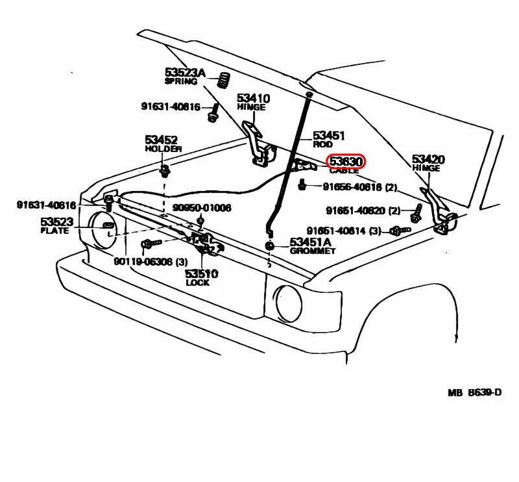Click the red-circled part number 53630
point(347,161)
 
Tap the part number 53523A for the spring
point(184,73)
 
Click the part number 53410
point(253,98)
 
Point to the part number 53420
point(428,159)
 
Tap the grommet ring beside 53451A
point(269,246)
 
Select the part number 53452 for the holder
point(161,140)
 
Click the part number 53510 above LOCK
point(201,273)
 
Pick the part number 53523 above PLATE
point(58,222)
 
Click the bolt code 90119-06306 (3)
point(151,261)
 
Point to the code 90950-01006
point(202,208)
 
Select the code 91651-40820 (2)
point(365,210)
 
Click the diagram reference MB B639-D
point(474,392)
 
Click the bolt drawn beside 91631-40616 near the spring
point(212,116)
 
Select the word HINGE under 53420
point(426,168)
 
